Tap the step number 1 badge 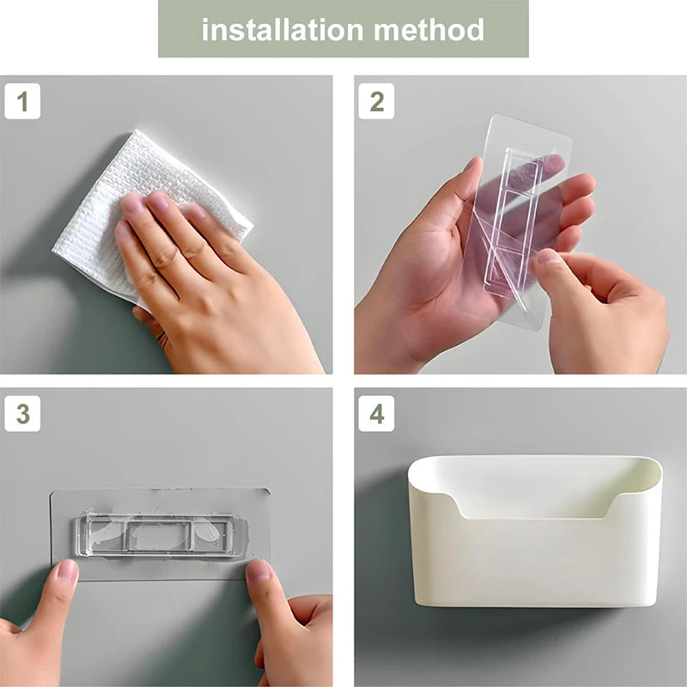click(x=22, y=101)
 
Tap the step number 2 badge click(x=376, y=101)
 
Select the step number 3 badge click(x=22, y=414)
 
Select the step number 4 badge click(x=376, y=414)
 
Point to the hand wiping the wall click(x=198, y=283)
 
